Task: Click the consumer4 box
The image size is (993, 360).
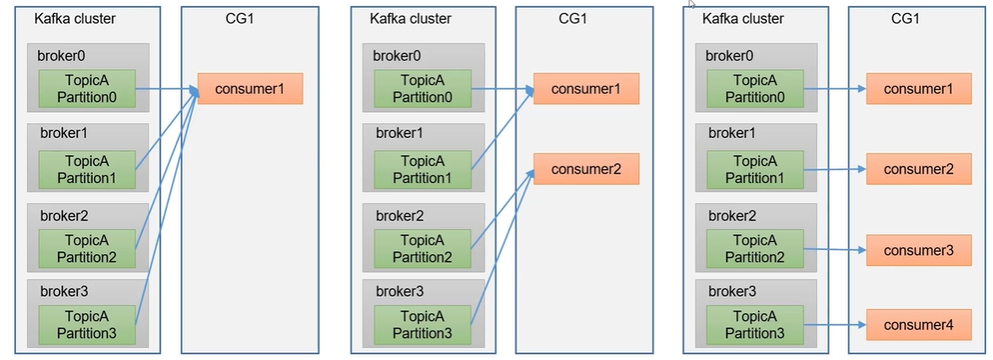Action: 918,325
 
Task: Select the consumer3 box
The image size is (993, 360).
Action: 918,250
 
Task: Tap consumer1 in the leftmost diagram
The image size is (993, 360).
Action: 250,89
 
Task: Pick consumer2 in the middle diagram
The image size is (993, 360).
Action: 585,169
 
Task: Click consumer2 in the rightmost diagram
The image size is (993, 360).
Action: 918,169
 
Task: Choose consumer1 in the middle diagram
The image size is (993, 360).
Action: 585,89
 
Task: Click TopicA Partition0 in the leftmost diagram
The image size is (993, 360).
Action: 87,88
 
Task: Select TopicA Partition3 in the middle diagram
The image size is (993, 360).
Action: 422,324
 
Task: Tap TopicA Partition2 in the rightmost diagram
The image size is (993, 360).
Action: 755,248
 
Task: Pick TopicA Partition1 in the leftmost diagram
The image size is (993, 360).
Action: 87,169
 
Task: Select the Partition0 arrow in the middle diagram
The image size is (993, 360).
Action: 501,88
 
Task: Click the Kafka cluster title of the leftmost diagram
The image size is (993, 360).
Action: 74,18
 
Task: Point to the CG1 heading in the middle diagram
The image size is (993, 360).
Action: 573,18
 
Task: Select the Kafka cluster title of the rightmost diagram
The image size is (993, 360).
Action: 742,18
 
